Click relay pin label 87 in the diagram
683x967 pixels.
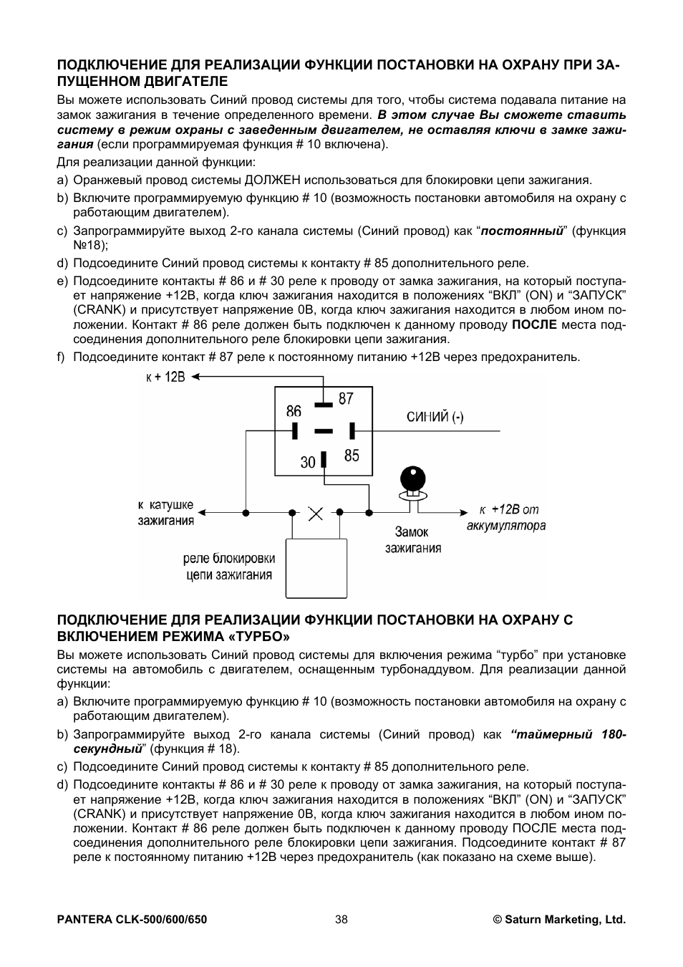[x=346, y=398]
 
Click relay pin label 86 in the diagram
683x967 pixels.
[x=294, y=411]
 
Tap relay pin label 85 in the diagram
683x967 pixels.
[x=352, y=456]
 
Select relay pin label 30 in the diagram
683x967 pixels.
[x=308, y=463]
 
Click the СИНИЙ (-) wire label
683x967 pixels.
[x=435, y=417]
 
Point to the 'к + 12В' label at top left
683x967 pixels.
[x=165, y=377]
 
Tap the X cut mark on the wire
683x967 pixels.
[x=315, y=513]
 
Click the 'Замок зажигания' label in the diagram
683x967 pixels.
[x=413, y=540]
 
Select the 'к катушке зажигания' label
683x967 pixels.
[x=166, y=513]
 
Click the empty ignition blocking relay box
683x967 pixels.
[x=316, y=568]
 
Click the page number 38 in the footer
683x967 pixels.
[x=341, y=920]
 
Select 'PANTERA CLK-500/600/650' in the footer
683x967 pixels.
[x=132, y=920]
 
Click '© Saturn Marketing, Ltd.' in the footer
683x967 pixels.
[x=559, y=920]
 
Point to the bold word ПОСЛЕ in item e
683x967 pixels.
[x=534, y=324]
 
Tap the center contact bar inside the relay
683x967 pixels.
[x=324, y=431]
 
